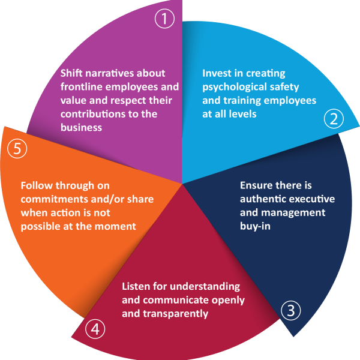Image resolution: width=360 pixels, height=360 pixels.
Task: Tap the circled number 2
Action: [333, 119]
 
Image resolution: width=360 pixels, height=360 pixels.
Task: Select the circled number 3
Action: [290, 311]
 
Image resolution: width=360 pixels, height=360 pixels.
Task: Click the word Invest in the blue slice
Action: [215, 74]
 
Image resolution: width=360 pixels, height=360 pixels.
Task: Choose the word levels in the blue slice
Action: [240, 113]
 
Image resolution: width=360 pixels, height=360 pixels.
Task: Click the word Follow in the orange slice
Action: [35, 185]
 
